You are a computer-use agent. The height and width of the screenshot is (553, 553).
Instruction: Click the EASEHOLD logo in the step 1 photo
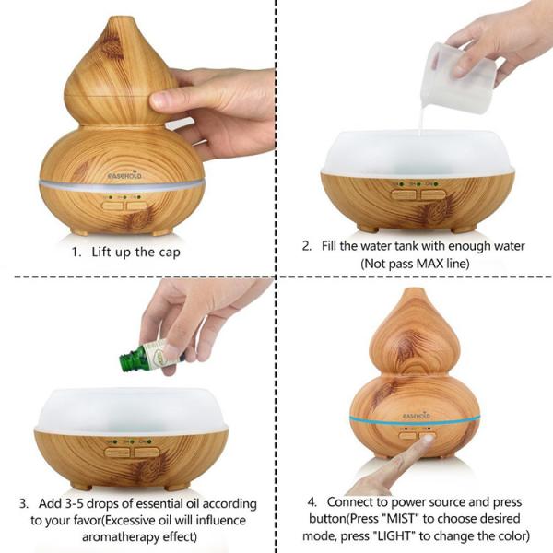pos(124,175)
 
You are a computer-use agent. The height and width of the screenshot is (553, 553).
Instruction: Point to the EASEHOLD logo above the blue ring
pos(417,416)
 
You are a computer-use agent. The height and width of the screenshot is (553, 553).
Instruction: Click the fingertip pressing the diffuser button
pos(427,441)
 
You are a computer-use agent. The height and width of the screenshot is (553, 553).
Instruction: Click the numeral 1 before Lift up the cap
pos(76,253)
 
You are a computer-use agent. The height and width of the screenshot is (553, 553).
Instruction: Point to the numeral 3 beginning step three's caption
pos(23,503)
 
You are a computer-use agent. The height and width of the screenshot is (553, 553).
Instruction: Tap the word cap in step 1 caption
pos(170,253)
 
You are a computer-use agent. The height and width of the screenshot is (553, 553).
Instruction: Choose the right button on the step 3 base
pos(147,453)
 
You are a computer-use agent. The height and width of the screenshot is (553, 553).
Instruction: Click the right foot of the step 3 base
pos(175,488)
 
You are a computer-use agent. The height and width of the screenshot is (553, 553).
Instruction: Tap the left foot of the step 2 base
pos(367,229)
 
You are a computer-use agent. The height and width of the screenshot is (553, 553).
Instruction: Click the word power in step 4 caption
pos(410,502)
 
